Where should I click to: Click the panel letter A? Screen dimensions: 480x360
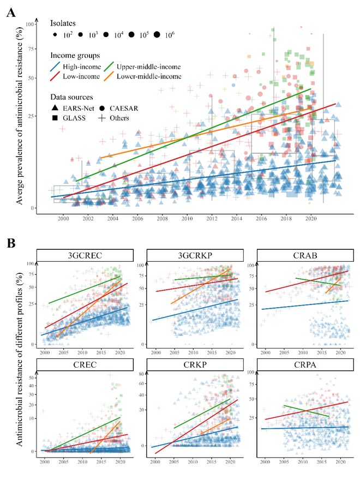click(10, 13)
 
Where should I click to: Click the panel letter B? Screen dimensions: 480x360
click(10, 242)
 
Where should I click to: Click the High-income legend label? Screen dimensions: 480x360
click(83, 67)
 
